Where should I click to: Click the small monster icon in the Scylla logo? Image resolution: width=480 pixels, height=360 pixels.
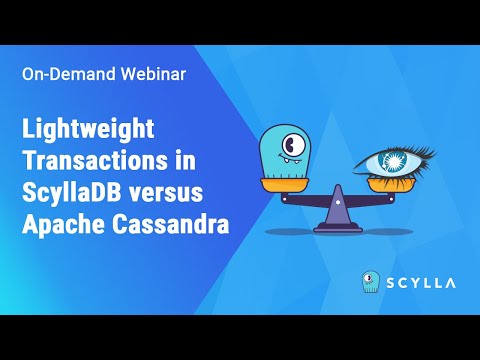coord(370,284)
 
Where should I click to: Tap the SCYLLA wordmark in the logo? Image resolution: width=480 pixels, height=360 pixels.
coord(422,284)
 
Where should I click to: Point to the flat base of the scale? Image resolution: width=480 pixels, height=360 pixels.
coord(336,225)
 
